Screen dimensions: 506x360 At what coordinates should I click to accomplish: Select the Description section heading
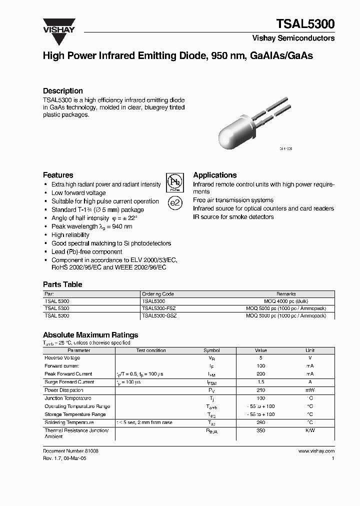(x=62, y=91)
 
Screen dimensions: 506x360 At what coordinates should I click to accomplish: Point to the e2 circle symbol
(x=174, y=203)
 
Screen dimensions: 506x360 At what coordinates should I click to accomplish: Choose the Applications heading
(x=214, y=175)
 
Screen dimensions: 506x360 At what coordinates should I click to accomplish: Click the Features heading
(x=58, y=175)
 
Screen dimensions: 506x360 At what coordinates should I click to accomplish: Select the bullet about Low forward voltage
(x=78, y=193)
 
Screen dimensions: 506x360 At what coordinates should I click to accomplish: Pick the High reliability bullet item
(x=70, y=235)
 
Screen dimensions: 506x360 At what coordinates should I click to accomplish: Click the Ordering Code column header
(x=157, y=294)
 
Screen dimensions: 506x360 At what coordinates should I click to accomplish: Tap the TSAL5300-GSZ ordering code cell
(x=159, y=316)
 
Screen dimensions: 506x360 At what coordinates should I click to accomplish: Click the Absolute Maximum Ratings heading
(x=90, y=335)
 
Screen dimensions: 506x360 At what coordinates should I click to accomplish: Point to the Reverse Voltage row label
(x=62, y=358)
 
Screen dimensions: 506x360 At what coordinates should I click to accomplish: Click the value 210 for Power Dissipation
(x=260, y=390)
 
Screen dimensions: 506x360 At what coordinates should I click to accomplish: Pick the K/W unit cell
(x=310, y=430)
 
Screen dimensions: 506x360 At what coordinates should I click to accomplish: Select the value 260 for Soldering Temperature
(x=260, y=422)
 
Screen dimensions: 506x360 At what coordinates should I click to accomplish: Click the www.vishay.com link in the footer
(x=316, y=451)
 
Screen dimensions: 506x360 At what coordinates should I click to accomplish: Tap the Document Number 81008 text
(x=70, y=451)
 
